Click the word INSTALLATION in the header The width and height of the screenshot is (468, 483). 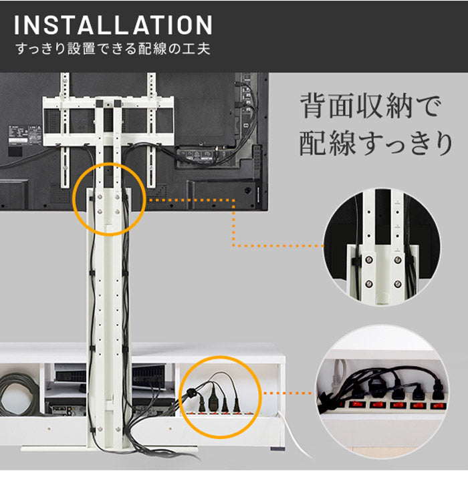(x=112, y=25)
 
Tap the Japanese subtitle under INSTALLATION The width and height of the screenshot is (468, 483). (x=112, y=49)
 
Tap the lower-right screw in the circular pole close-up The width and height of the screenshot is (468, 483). (x=398, y=285)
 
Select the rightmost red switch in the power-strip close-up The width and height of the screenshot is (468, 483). (x=439, y=405)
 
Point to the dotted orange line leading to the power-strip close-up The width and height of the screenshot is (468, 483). (x=287, y=393)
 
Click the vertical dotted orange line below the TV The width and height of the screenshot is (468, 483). (x=233, y=224)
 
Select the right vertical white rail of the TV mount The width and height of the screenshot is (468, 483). (x=151, y=127)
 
